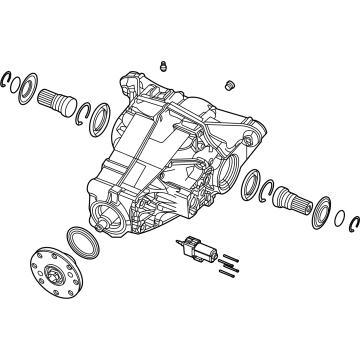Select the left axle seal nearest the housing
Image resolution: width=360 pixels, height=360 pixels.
(x=100, y=121)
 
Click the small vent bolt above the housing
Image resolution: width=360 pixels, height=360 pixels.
(x=159, y=67)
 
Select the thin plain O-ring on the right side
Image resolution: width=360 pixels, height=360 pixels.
(x=341, y=217)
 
